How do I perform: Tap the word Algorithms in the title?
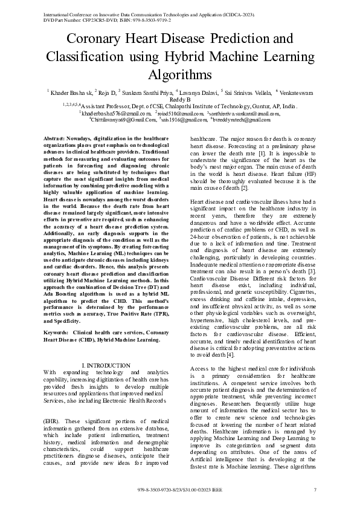(x=179, y=74)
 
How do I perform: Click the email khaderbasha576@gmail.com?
(x=114, y=113)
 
